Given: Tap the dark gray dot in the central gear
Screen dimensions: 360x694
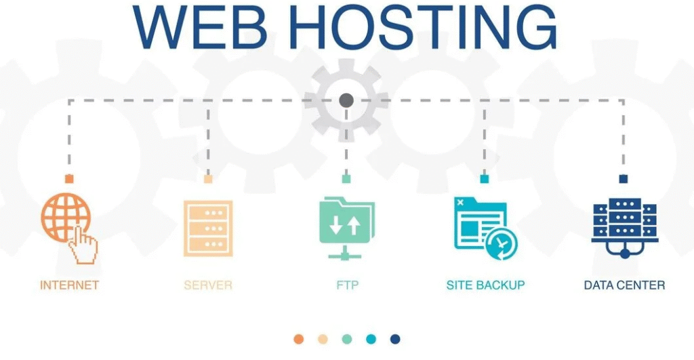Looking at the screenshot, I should (346, 100).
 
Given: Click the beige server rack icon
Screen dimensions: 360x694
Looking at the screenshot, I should (208, 228).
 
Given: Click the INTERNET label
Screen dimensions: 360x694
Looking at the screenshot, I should (70, 285).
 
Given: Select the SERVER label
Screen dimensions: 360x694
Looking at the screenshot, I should (208, 285).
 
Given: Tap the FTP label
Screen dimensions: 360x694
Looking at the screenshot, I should (347, 285).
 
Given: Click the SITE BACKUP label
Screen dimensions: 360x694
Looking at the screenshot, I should (485, 285).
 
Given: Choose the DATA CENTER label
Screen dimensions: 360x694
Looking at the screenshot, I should (624, 285).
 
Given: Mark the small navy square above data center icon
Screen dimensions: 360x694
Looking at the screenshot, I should (624, 179).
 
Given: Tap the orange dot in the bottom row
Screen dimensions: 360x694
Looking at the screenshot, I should (299, 339).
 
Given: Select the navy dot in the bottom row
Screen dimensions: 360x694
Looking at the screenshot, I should (395, 339).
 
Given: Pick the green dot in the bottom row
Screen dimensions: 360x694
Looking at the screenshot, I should (347, 339).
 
